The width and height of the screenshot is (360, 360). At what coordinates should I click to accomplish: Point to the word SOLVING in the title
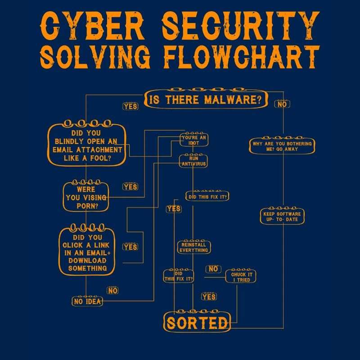99,57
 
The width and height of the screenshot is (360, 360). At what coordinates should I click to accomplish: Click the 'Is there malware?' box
205,99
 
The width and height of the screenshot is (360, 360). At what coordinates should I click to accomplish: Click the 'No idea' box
88,301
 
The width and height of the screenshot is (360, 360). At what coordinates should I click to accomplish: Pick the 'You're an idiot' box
194,140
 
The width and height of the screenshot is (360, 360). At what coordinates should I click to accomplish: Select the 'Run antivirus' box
194,161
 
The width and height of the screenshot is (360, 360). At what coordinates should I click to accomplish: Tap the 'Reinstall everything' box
194,247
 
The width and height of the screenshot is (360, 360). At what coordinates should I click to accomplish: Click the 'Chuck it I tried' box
241,277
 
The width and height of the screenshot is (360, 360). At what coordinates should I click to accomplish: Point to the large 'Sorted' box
197,322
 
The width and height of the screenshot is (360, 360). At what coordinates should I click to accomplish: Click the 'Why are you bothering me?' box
282,146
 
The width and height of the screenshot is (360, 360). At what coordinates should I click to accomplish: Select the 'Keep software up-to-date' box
282,216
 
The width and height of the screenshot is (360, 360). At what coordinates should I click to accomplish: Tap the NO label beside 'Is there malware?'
282,104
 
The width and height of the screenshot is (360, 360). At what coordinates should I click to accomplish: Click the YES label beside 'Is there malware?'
130,107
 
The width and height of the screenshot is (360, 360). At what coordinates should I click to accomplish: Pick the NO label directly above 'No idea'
112,291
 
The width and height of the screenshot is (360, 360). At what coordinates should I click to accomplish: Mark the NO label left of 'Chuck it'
213,269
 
